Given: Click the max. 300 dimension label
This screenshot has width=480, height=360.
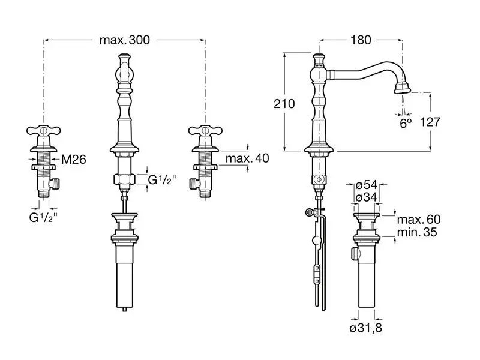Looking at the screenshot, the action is pyautogui.click(x=125, y=40).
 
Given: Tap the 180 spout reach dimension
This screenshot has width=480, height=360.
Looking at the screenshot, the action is pyautogui.click(x=361, y=40).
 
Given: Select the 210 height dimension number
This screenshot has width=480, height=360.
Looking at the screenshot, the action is pyautogui.click(x=284, y=104).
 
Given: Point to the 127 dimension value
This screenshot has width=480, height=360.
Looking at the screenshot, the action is pyautogui.click(x=430, y=122).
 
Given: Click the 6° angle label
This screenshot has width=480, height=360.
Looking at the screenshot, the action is pyautogui.click(x=406, y=123).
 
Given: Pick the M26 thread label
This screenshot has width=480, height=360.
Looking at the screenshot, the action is pyautogui.click(x=74, y=159).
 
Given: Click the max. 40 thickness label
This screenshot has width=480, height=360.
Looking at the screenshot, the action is pyautogui.click(x=247, y=158).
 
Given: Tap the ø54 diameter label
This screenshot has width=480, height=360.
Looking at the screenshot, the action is pyautogui.click(x=366, y=185).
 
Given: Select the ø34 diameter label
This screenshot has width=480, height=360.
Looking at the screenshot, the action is pyautogui.click(x=366, y=197).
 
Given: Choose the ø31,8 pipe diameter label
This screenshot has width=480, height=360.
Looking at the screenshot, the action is pyautogui.click(x=366, y=328).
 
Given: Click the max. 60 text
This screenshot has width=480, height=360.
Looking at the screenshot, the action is pyautogui.click(x=419, y=219).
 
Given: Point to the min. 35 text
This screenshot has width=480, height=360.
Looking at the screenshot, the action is pyautogui.click(x=417, y=232).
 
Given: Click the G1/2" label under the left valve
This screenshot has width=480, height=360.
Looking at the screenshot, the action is pyautogui.click(x=43, y=217).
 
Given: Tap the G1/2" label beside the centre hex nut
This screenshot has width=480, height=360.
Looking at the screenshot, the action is pyautogui.click(x=162, y=179).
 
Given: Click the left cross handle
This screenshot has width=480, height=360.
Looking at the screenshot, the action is pyautogui.click(x=43, y=131).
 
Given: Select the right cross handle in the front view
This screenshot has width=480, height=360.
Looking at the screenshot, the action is pyautogui.click(x=205, y=131).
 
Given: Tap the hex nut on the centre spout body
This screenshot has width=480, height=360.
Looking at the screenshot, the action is pyautogui.click(x=124, y=179).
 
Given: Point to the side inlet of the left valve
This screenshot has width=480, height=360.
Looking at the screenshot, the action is pyautogui.click(x=55, y=184).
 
